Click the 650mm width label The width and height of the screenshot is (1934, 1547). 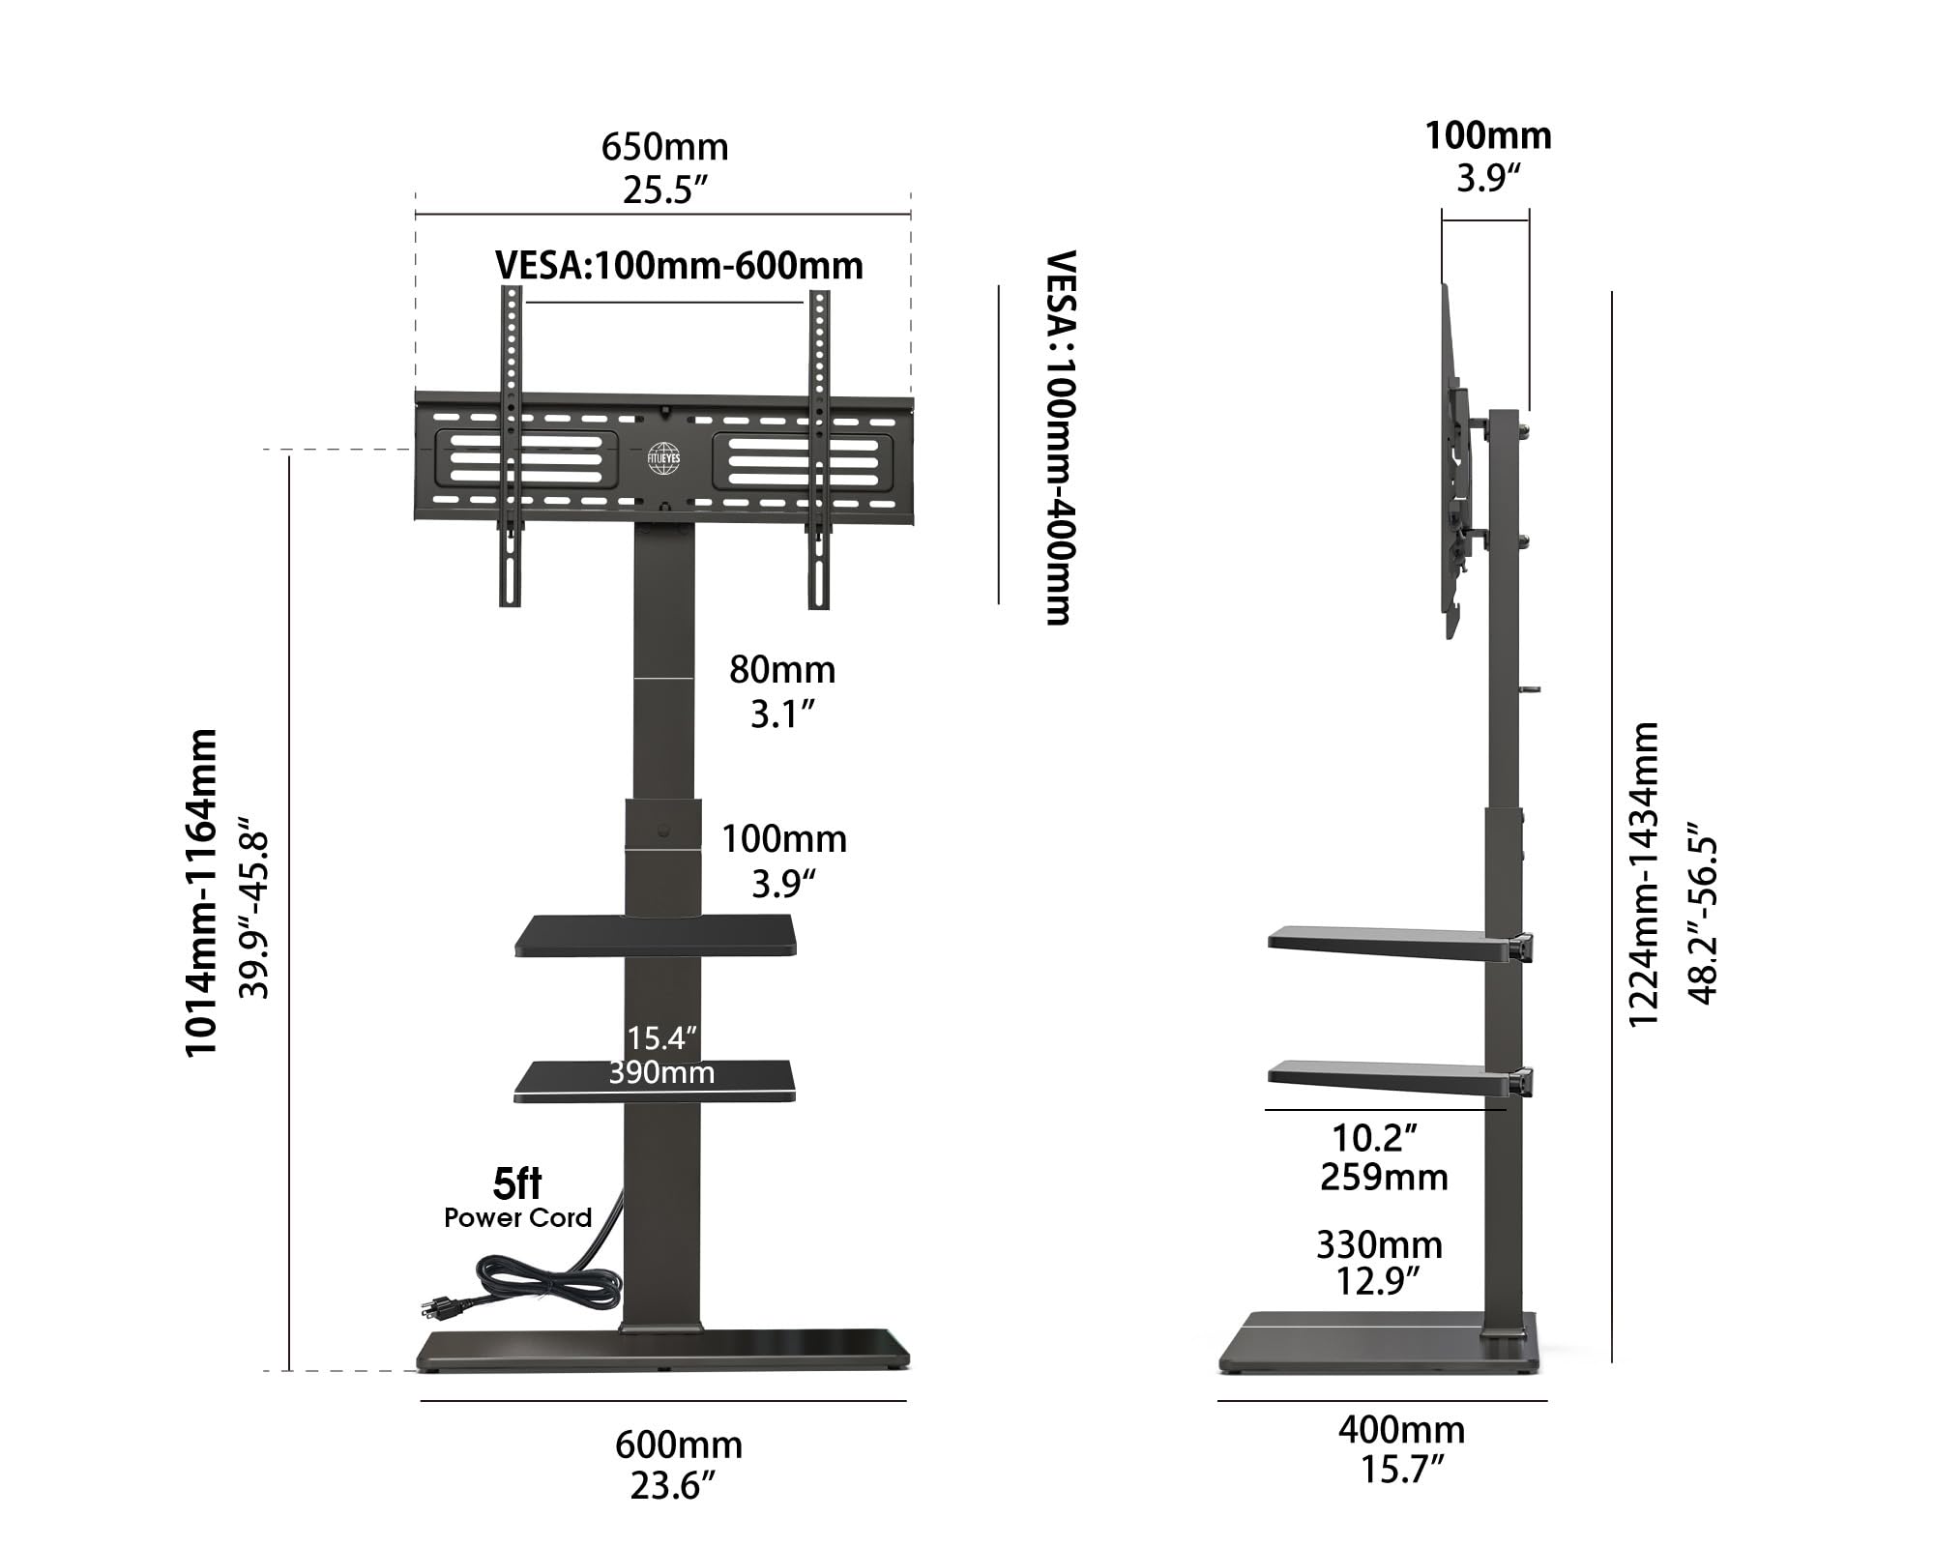click(x=664, y=147)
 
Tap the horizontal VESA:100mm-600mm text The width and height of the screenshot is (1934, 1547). click(x=679, y=266)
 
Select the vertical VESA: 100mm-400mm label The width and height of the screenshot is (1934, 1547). click(x=1061, y=438)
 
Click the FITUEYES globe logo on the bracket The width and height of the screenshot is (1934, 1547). click(x=664, y=458)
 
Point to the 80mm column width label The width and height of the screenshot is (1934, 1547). click(x=781, y=669)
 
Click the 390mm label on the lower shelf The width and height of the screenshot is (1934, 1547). click(x=661, y=1072)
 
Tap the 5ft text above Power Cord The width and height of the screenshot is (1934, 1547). click(x=517, y=1183)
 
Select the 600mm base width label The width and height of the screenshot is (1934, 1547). click(x=678, y=1445)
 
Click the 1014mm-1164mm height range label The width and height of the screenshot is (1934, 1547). click(x=201, y=892)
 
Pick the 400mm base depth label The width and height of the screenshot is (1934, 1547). click(x=1401, y=1429)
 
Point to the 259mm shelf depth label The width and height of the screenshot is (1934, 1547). click(x=1384, y=1178)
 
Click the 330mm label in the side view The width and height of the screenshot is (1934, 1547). click(x=1379, y=1244)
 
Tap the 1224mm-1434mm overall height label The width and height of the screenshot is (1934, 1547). click(x=1644, y=874)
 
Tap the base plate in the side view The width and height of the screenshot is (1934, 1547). click(x=1373, y=1344)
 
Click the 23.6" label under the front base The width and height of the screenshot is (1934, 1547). click(x=672, y=1486)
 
